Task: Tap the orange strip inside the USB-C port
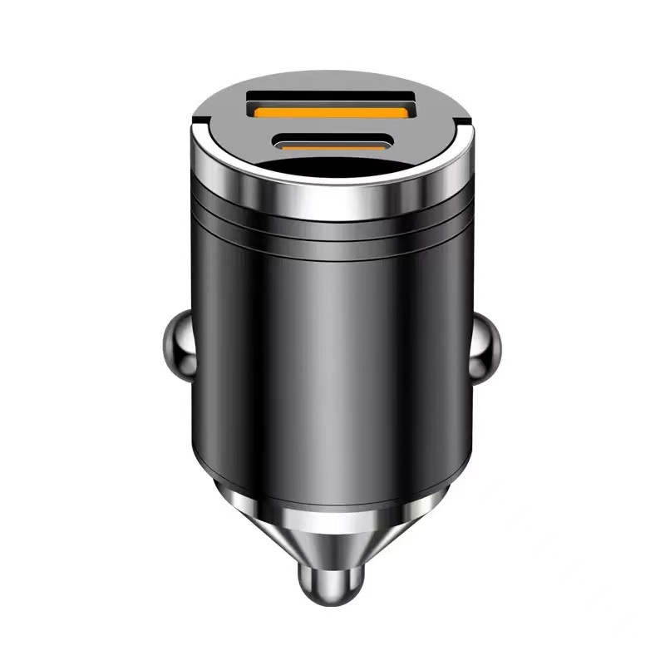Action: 332,144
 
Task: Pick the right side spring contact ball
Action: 490,344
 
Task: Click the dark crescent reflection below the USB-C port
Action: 332,170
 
